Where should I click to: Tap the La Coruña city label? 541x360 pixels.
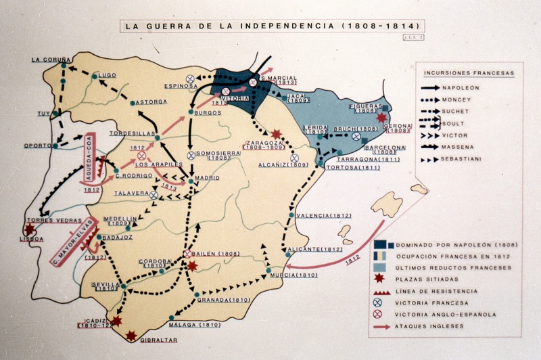(x=51, y=60)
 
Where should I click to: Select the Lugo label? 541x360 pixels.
(x=108, y=75)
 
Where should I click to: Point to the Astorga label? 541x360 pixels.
(x=151, y=102)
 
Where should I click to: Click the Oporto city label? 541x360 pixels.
(x=37, y=145)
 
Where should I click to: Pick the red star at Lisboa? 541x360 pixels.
(x=29, y=229)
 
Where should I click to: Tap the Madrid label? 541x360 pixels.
(x=206, y=178)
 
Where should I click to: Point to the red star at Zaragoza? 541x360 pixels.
(x=276, y=135)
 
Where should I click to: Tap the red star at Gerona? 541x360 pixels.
(x=381, y=118)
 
